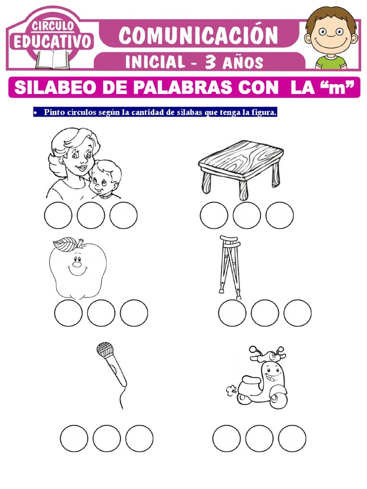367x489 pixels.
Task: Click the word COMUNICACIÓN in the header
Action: [198, 35]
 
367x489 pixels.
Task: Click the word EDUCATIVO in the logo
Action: [53, 42]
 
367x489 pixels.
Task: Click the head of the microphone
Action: [105, 350]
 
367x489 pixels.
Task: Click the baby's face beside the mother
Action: [105, 179]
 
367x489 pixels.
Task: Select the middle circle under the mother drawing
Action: [91, 215]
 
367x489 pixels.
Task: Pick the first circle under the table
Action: [214, 215]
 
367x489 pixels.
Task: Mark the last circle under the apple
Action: [134, 313]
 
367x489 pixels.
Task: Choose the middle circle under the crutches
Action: [265, 313]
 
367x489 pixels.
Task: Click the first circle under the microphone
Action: [74, 438]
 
